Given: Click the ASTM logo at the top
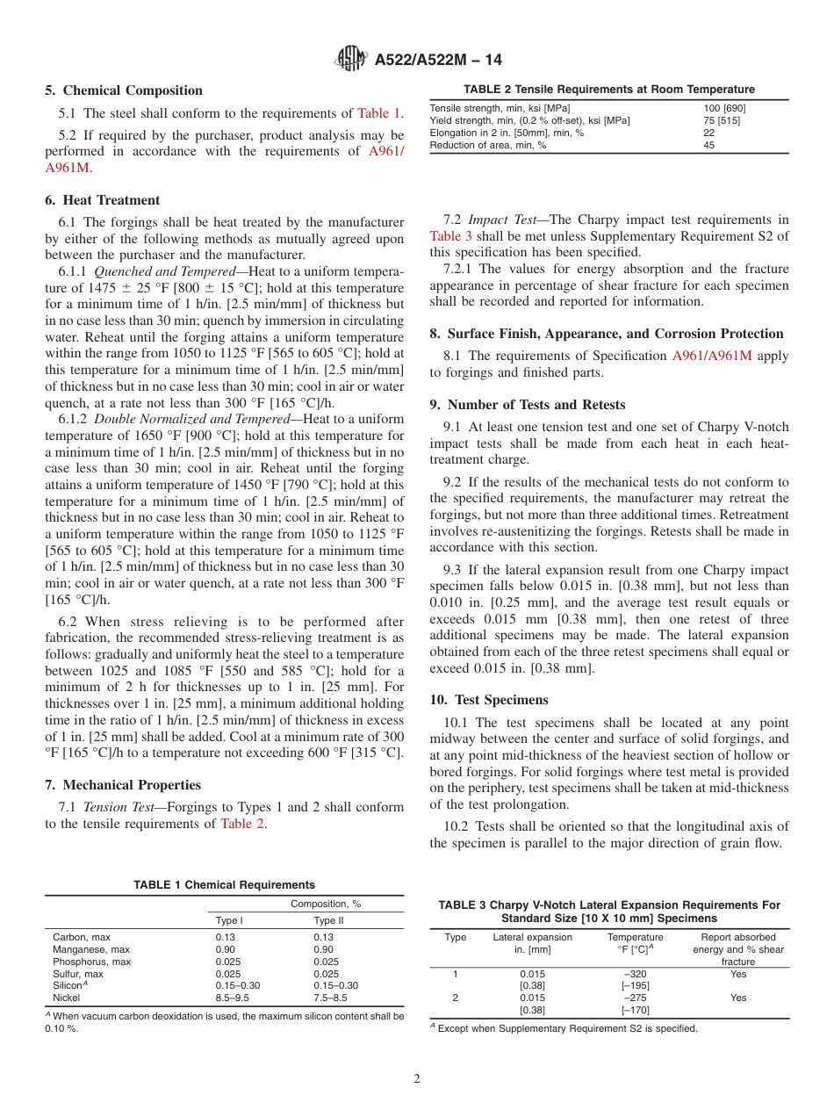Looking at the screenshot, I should (x=352, y=60).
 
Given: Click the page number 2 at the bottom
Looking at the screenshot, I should (x=417, y=1079).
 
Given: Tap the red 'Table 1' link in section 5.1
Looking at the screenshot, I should (x=379, y=113).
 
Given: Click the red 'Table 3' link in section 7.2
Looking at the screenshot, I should (x=451, y=235).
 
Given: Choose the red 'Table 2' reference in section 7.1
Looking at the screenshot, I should (x=242, y=823).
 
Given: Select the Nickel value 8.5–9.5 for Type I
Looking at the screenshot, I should (x=233, y=998).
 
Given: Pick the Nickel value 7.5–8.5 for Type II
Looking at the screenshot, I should (x=331, y=998).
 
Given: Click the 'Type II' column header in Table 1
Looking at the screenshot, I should (x=329, y=920).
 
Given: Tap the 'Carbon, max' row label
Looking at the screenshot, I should (x=82, y=937).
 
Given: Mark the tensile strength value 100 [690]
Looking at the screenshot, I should (x=724, y=108).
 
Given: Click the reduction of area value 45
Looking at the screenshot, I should (x=708, y=145).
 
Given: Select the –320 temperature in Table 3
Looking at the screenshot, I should (x=635, y=973).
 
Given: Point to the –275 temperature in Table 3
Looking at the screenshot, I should (x=635, y=998).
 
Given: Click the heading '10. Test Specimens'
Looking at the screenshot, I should (x=489, y=700).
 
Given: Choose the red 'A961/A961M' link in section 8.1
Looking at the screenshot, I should (x=717, y=356).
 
